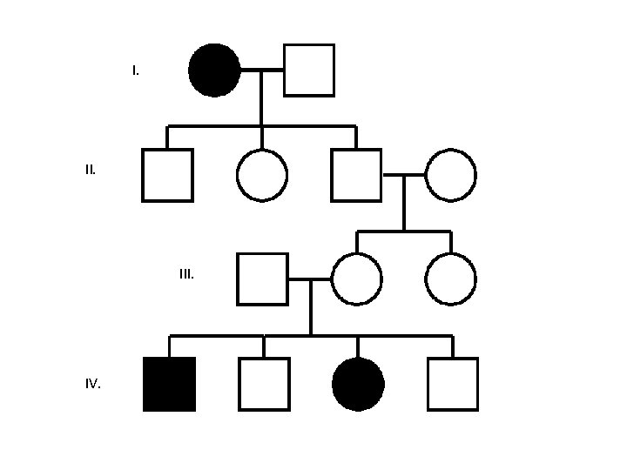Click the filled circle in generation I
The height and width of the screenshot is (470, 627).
(214, 70)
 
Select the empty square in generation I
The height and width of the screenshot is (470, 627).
(309, 70)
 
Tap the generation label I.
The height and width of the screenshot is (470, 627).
(135, 70)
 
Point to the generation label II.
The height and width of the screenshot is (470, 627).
(91, 170)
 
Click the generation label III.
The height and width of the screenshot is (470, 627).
(186, 274)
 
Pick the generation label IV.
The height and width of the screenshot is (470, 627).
(92, 384)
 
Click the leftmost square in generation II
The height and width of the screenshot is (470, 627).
(167, 175)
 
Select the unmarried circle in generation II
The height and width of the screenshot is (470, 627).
(261, 175)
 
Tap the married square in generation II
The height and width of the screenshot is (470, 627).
(356, 175)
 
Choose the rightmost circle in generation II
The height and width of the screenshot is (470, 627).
(451, 175)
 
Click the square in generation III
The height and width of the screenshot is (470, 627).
(262, 279)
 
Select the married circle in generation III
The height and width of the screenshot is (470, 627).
(356, 279)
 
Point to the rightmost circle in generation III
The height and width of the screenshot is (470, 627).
(451, 279)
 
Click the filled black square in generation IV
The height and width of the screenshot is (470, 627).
(169, 384)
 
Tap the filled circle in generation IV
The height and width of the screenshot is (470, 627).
(358, 384)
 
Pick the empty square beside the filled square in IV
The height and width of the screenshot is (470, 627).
(264, 384)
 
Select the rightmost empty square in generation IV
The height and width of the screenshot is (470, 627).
(453, 384)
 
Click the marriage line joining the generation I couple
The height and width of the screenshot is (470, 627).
(262, 70)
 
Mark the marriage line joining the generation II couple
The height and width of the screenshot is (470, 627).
(404, 175)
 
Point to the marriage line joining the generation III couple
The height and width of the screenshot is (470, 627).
(309, 279)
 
